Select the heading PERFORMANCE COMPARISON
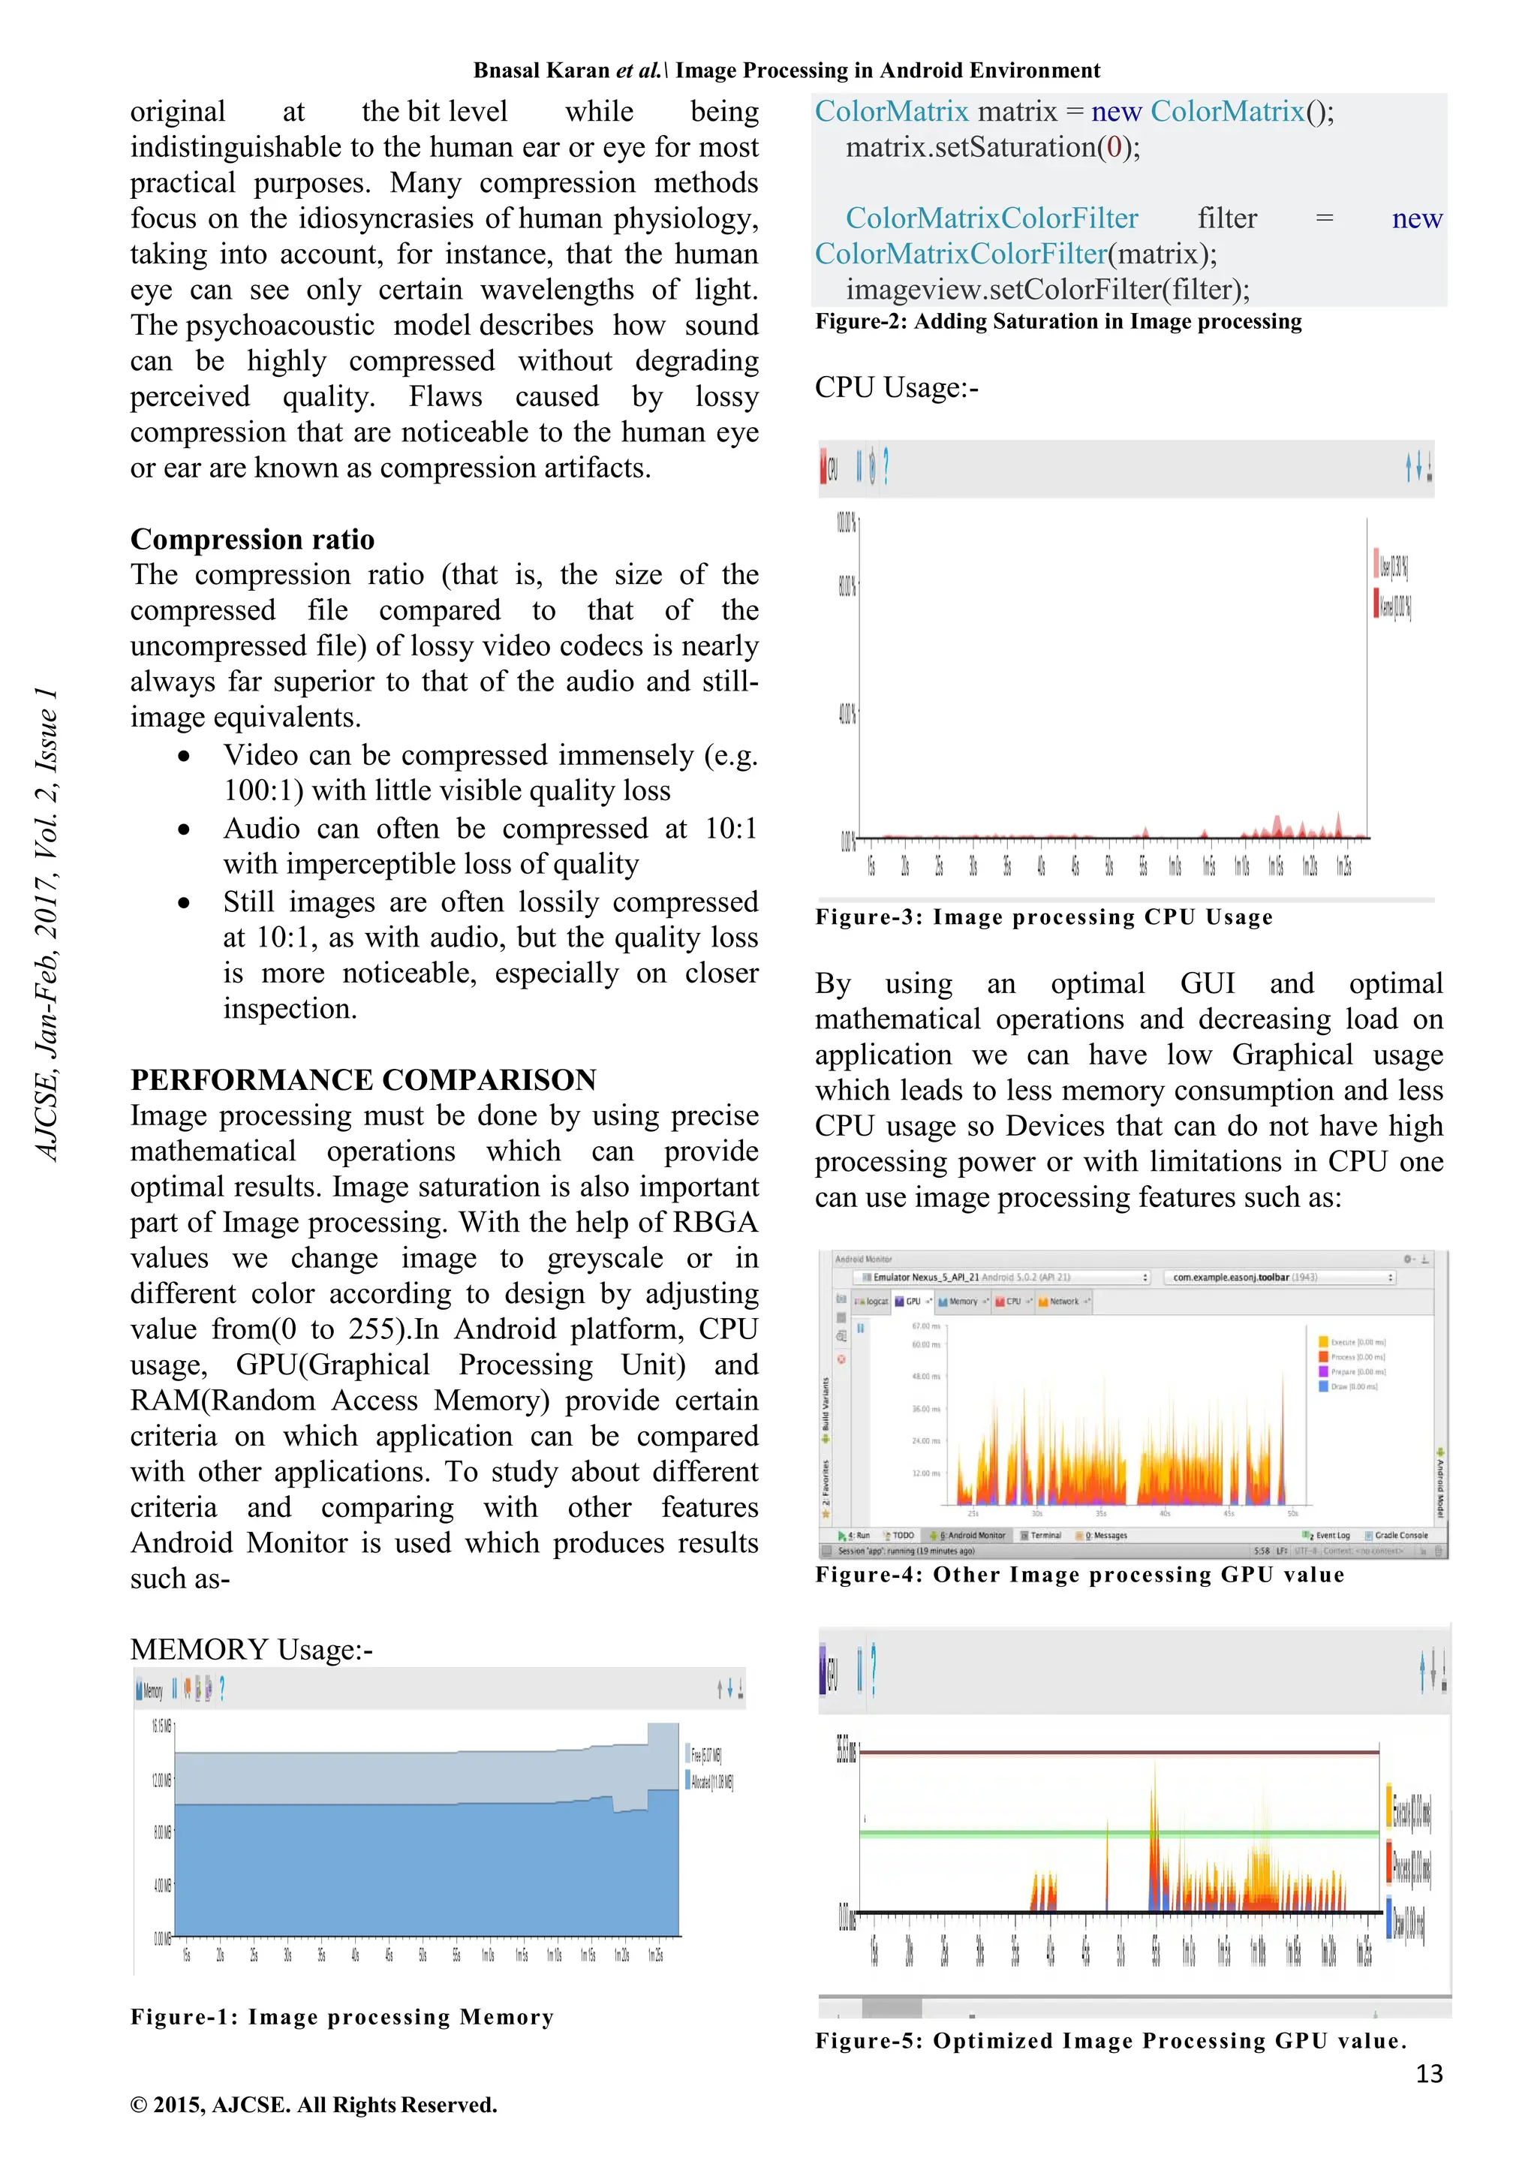point(363,1080)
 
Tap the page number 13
point(1428,2074)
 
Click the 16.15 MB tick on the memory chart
point(162,1726)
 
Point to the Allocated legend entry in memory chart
point(711,1782)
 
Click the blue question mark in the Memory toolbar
point(221,1688)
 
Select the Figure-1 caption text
point(341,2017)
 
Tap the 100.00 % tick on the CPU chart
point(845,522)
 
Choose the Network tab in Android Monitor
point(1063,1302)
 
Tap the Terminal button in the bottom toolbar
point(1044,1535)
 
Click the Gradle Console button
point(1399,1535)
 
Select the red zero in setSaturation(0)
point(1114,148)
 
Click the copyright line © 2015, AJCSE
point(313,2105)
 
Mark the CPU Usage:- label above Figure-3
point(895,388)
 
